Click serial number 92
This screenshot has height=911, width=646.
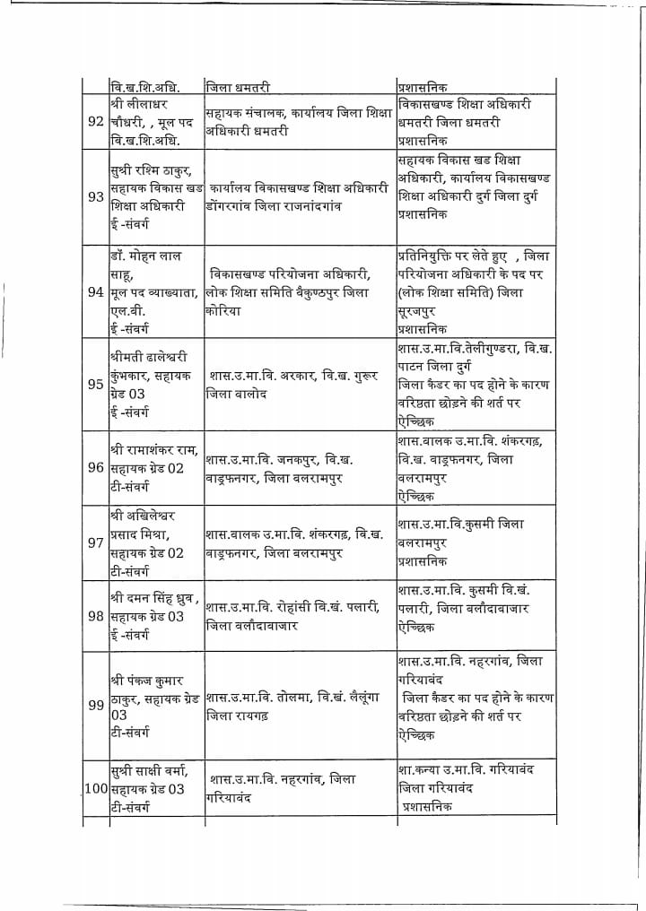tap(95, 122)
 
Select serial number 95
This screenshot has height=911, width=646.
tap(95, 385)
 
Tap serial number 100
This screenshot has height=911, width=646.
tap(96, 789)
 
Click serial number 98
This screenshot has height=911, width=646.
tap(95, 617)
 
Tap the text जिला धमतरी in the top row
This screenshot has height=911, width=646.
tap(238, 88)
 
